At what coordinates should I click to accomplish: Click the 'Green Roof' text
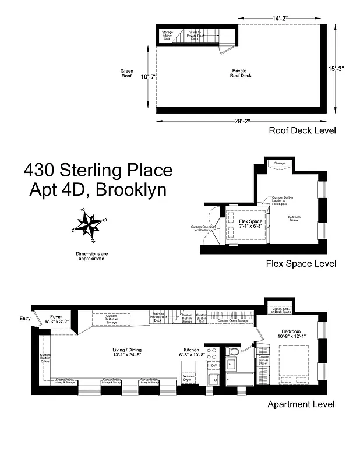[x=127, y=73]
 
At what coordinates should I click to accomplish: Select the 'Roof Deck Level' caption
[x=302, y=130]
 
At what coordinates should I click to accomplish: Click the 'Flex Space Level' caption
[x=301, y=263]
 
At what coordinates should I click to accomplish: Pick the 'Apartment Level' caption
[x=301, y=404]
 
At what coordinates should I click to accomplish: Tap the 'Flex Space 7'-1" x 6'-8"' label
[x=252, y=224]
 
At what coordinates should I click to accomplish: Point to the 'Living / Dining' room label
[x=127, y=352]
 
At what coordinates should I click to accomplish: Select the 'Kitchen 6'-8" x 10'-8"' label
[x=193, y=353]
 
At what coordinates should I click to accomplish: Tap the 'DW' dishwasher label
[x=214, y=366]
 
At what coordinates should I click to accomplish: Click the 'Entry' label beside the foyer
[x=25, y=319]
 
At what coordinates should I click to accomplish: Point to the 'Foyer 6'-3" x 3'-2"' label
[x=57, y=318]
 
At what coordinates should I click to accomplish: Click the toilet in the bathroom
[x=232, y=352]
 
